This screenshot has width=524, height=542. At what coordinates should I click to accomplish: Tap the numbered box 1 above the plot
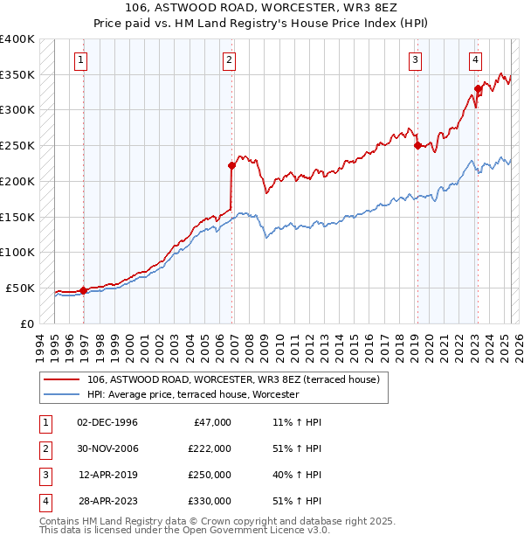[x=80, y=60]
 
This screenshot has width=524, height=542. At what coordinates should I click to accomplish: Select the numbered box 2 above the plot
[x=229, y=60]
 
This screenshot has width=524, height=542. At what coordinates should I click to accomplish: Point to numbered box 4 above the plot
[x=475, y=60]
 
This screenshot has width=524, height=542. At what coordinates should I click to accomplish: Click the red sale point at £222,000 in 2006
[x=231, y=165]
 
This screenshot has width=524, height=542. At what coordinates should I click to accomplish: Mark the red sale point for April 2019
[x=417, y=145]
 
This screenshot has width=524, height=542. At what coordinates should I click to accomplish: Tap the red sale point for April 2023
[x=478, y=88]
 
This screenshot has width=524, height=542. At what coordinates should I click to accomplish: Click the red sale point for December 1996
[x=84, y=290]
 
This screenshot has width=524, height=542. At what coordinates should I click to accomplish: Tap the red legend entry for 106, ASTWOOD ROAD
[x=233, y=379]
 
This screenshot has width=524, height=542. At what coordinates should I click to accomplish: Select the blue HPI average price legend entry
[x=193, y=394]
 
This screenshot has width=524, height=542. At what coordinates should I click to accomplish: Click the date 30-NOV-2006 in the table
[x=107, y=448]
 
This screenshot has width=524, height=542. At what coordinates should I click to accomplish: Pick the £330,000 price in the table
[x=210, y=501]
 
